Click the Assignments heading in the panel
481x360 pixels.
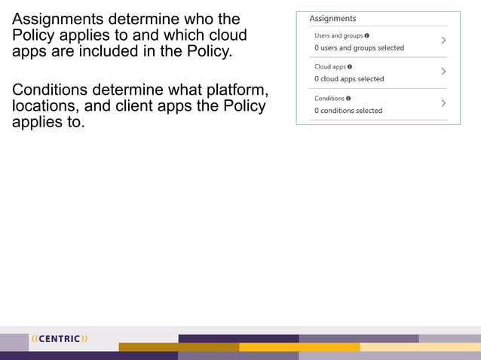332,19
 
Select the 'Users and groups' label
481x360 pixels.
338,35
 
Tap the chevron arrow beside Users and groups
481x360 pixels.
443,41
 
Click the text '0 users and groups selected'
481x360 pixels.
359,47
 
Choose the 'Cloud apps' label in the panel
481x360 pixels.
329,67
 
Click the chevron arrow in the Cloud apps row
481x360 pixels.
443,72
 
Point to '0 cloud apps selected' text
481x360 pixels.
349,79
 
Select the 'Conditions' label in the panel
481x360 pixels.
329,99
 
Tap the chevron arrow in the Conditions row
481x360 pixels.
443,103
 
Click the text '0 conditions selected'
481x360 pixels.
348,111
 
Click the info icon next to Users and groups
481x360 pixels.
367,35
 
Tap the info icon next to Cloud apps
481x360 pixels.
350,67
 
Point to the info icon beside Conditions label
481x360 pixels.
348,99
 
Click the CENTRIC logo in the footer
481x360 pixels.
60,339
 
